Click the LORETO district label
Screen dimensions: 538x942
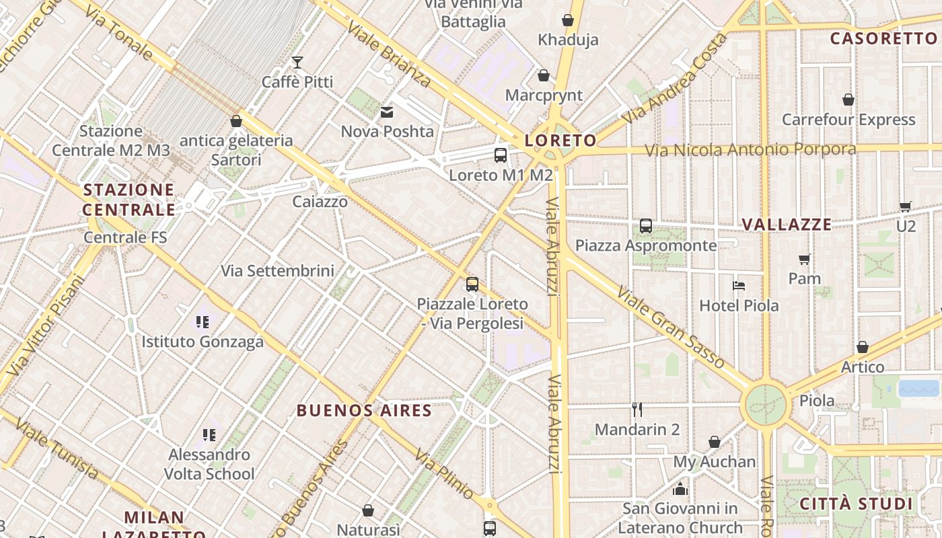tap(560, 141)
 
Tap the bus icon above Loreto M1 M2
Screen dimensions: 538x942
tap(501, 155)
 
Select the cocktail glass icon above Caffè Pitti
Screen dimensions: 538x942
tap(297, 63)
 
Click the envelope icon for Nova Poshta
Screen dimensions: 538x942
tap(387, 112)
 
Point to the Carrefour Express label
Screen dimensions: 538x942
tap(848, 120)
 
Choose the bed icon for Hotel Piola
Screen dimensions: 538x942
tap(739, 285)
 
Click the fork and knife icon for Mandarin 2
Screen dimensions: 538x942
tap(637, 409)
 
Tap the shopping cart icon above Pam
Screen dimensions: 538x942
tap(805, 259)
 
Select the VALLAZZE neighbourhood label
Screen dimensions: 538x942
tap(787, 225)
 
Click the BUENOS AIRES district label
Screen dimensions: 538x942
tap(364, 410)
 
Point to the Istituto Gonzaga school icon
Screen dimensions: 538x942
tap(203, 322)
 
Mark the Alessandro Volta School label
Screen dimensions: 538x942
tap(209, 464)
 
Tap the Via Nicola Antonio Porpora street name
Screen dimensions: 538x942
tap(750, 150)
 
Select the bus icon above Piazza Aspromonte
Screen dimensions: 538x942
tap(646, 226)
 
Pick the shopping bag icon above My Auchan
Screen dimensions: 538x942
tap(715, 442)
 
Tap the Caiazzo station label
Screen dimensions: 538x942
tap(320, 202)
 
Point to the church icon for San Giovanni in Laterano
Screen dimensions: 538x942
tap(680, 489)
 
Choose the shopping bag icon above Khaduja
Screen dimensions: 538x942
tap(568, 20)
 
